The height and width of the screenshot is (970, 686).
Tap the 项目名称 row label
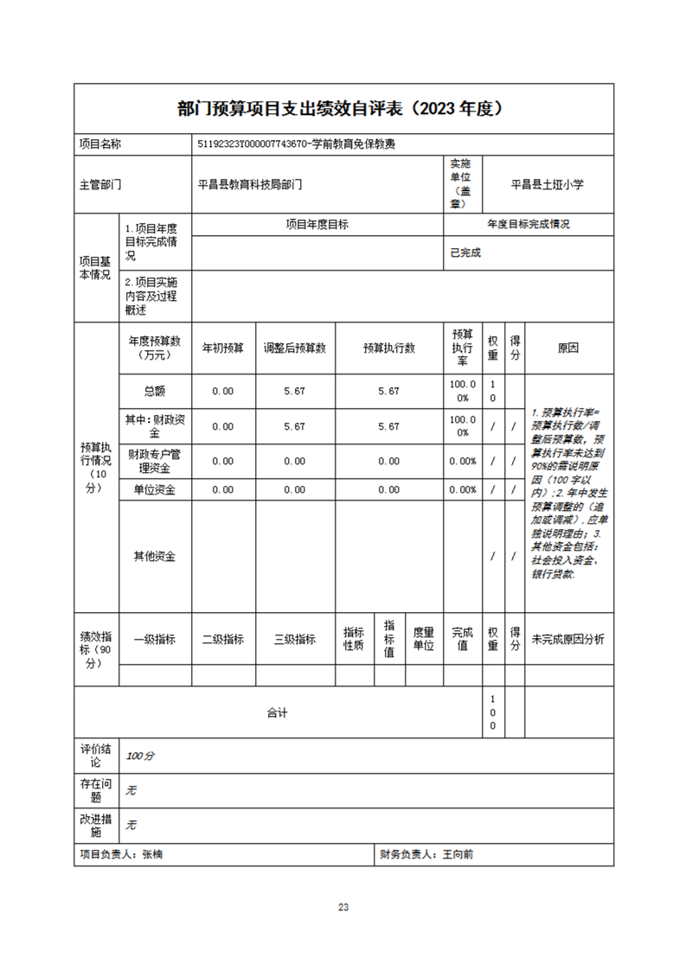click(x=101, y=145)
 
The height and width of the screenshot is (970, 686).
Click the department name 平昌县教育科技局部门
click(x=250, y=184)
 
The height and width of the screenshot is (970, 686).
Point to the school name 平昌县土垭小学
click(x=547, y=184)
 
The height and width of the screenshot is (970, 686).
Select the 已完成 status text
click(x=465, y=253)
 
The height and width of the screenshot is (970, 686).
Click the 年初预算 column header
click(x=223, y=348)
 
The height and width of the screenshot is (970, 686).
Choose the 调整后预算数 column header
click(x=294, y=348)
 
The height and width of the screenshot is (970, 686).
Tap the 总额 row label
click(x=154, y=391)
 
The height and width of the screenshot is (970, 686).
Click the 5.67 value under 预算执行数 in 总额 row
click(x=388, y=391)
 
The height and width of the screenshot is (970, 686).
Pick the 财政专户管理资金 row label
click(x=154, y=461)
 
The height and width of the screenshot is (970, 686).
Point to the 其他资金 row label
click(x=154, y=557)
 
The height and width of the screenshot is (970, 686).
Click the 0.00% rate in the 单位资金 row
click(x=463, y=489)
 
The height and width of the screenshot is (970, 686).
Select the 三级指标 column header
click(x=294, y=640)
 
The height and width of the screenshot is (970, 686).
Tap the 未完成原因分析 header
click(x=567, y=640)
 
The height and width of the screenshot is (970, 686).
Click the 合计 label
click(x=277, y=713)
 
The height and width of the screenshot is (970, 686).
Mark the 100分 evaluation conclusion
click(x=140, y=756)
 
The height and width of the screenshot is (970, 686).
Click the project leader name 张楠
click(x=153, y=854)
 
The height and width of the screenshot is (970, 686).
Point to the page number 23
click(x=343, y=907)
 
